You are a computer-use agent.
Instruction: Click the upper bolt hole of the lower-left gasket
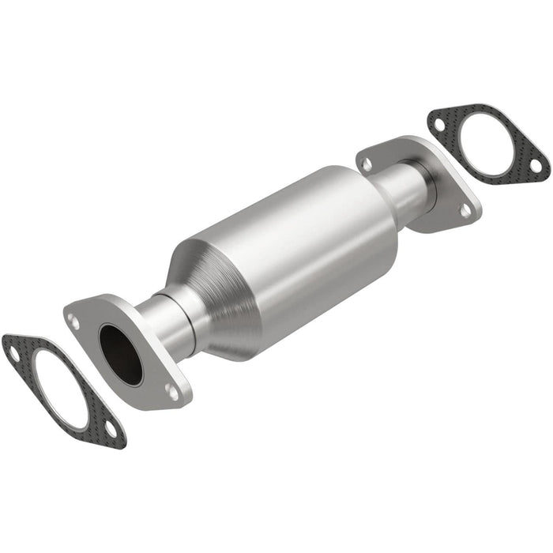[x=14, y=353]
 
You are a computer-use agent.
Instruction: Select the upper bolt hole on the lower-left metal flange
[x=73, y=322]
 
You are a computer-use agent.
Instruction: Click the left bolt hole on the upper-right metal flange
[x=367, y=164]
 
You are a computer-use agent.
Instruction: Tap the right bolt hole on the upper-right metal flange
[x=465, y=210]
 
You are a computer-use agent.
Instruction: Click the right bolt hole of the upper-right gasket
[x=536, y=167]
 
